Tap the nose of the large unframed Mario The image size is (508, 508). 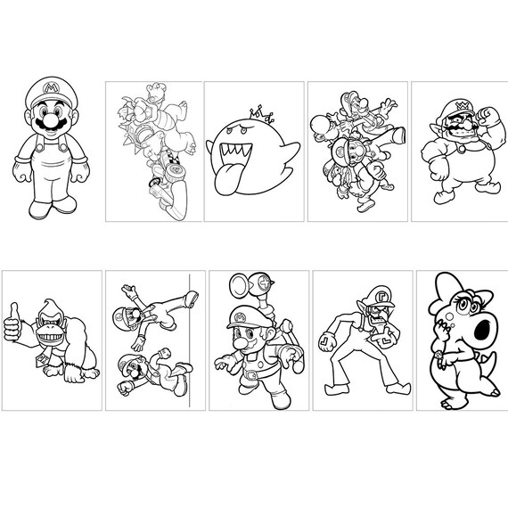pyautogui.click(x=49, y=117)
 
